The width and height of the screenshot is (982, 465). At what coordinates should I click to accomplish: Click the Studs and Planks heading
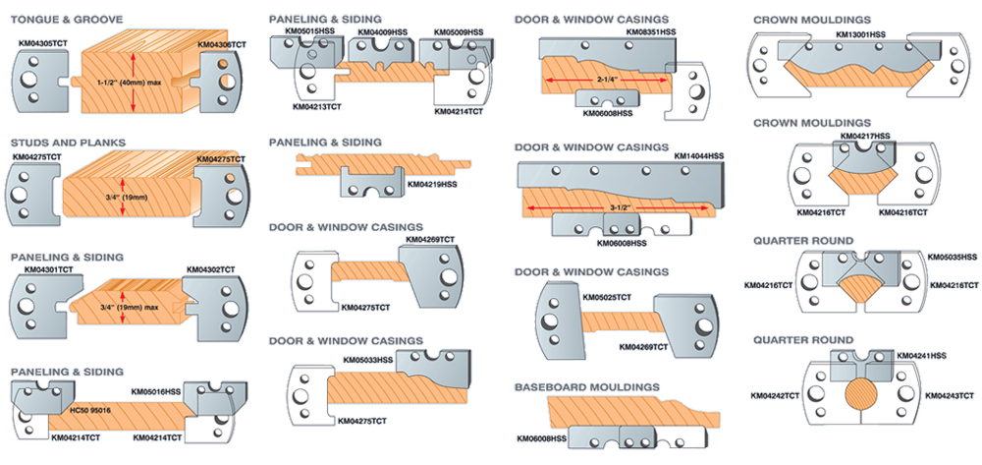click(68, 143)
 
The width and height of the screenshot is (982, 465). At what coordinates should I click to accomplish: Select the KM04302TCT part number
click(210, 268)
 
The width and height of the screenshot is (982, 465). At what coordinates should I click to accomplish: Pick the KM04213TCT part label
click(318, 106)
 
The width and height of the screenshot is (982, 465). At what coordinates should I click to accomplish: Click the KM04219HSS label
click(432, 184)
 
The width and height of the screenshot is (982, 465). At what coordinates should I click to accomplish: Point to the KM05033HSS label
click(368, 360)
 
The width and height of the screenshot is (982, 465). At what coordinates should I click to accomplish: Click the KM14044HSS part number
click(699, 155)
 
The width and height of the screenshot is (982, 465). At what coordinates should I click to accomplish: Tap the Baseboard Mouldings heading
click(586, 387)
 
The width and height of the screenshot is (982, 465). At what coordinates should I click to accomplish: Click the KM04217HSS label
click(865, 135)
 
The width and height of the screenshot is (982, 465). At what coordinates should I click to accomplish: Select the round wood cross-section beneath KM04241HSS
click(865, 398)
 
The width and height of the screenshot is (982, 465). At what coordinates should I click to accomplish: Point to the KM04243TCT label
click(949, 395)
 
